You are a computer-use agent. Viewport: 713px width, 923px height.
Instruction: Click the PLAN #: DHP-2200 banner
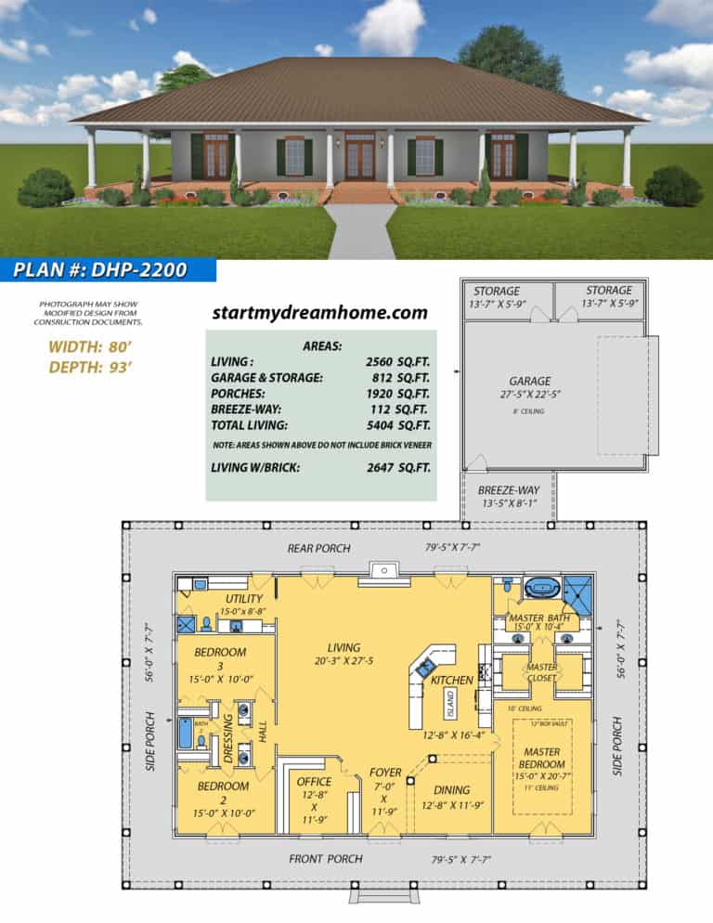tap(101, 270)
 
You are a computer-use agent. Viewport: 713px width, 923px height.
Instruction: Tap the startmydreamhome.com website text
tap(319, 312)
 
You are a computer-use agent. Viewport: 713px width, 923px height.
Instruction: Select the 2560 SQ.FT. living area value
tap(397, 361)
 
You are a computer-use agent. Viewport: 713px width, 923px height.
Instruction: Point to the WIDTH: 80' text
tap(89, 347)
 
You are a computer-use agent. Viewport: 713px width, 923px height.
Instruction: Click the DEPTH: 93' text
tap(89, 367)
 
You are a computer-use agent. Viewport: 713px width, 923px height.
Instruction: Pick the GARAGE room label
tap(529, 381)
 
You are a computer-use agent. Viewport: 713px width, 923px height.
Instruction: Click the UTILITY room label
tap(244, 599)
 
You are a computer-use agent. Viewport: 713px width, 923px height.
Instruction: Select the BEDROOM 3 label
tap(220, 653)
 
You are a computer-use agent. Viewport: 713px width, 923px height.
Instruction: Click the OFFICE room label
tap(314, 782)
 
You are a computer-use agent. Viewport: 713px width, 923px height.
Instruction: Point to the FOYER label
tap(385, 773)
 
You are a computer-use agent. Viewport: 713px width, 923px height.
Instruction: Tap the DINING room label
tap(452, 791)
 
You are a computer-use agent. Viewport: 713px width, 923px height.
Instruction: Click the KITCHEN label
tap(451, 681)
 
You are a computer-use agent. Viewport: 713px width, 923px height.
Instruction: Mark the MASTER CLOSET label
tap(542, 672)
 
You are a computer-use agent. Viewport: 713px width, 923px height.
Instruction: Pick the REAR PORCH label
tap(318, 549)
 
